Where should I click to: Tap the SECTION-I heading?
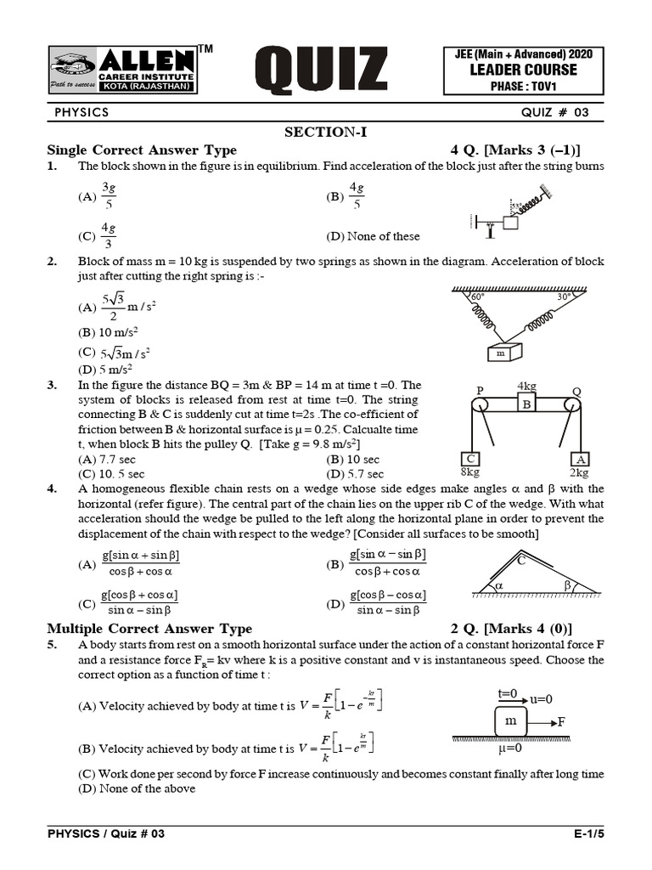point(325,132)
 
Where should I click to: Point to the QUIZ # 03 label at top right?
point(554,112)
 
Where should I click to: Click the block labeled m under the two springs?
point(500,353)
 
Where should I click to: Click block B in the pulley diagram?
point(526,404)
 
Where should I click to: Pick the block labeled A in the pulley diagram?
point(580,460)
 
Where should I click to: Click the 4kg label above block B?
point(527,387)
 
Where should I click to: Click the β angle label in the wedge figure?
point(567,585)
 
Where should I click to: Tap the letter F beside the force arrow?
point(562,721)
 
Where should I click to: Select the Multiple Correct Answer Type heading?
point(149,629)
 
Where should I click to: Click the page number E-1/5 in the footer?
point(588,833)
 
